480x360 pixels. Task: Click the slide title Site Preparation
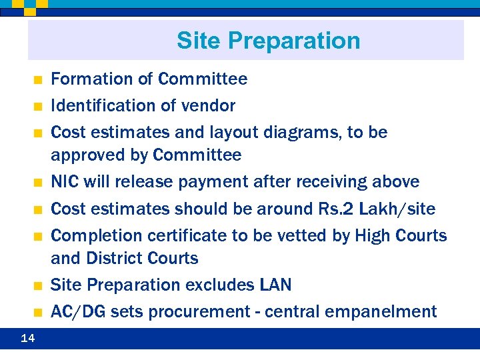[268, 41]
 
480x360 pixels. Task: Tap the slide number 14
[28, 339]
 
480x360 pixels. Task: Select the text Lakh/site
[397, 209]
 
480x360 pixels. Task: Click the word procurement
[200, 312]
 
